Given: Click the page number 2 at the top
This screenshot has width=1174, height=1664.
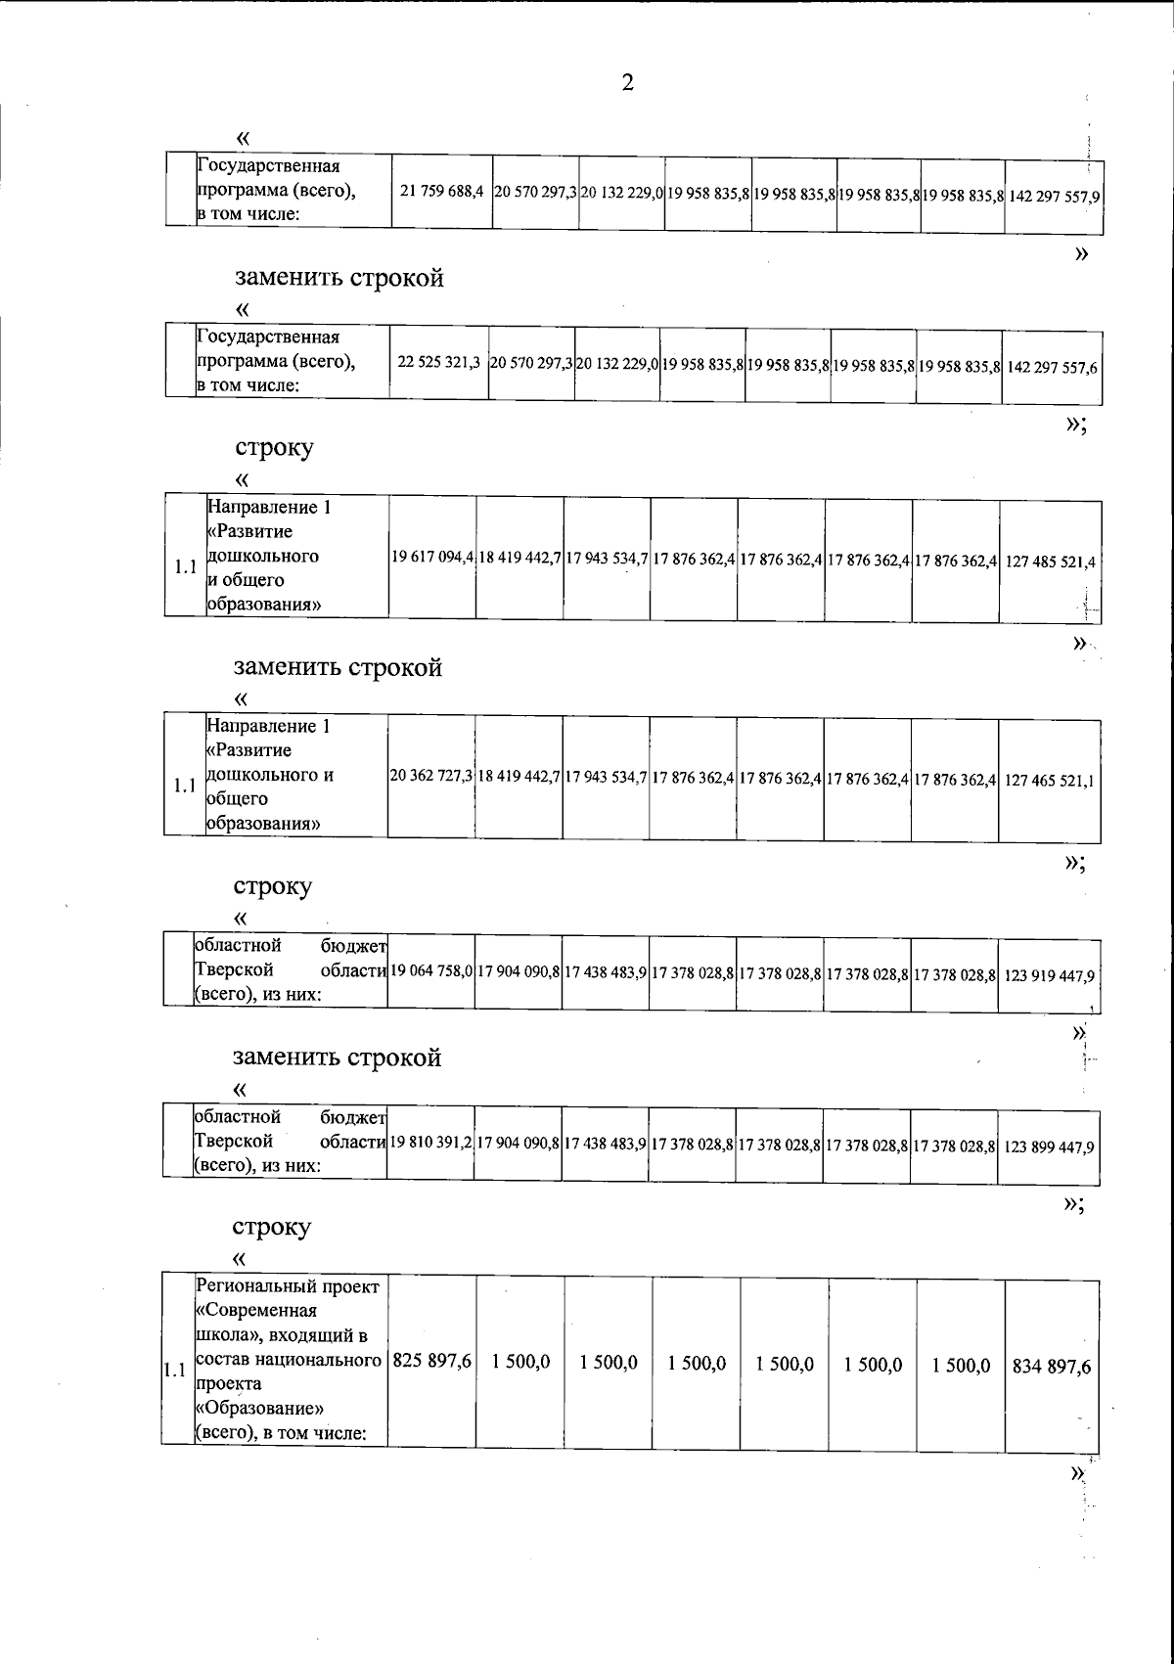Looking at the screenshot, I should pos(627,83).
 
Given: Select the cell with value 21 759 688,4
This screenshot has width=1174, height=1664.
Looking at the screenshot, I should pos(442,193).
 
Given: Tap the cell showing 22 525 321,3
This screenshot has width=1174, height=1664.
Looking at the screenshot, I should pos(438,364).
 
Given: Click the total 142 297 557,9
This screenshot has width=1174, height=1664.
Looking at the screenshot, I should pos(1054,196).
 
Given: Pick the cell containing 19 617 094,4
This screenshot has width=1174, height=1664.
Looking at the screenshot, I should pos(433,559).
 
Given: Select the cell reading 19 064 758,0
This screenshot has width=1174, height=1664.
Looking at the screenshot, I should pos(432,973).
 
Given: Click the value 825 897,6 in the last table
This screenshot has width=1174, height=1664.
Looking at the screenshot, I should pos(432,1362).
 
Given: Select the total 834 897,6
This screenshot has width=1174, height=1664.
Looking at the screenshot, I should pos(1052,1367).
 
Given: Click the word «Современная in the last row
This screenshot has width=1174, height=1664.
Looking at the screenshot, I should pos(256,1311).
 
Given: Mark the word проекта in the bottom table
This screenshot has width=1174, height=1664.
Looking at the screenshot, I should pos(228,1384).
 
